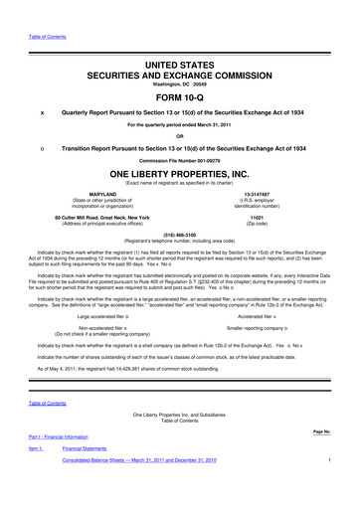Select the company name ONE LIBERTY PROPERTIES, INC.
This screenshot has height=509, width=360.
click(180, 172)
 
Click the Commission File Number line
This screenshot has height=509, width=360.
click(180, 158)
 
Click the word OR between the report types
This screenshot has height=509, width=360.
click(180, 134)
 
